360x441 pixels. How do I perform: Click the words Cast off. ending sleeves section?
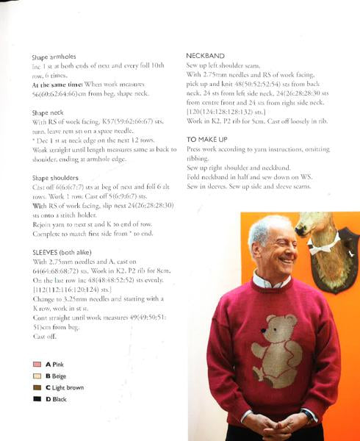44,336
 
